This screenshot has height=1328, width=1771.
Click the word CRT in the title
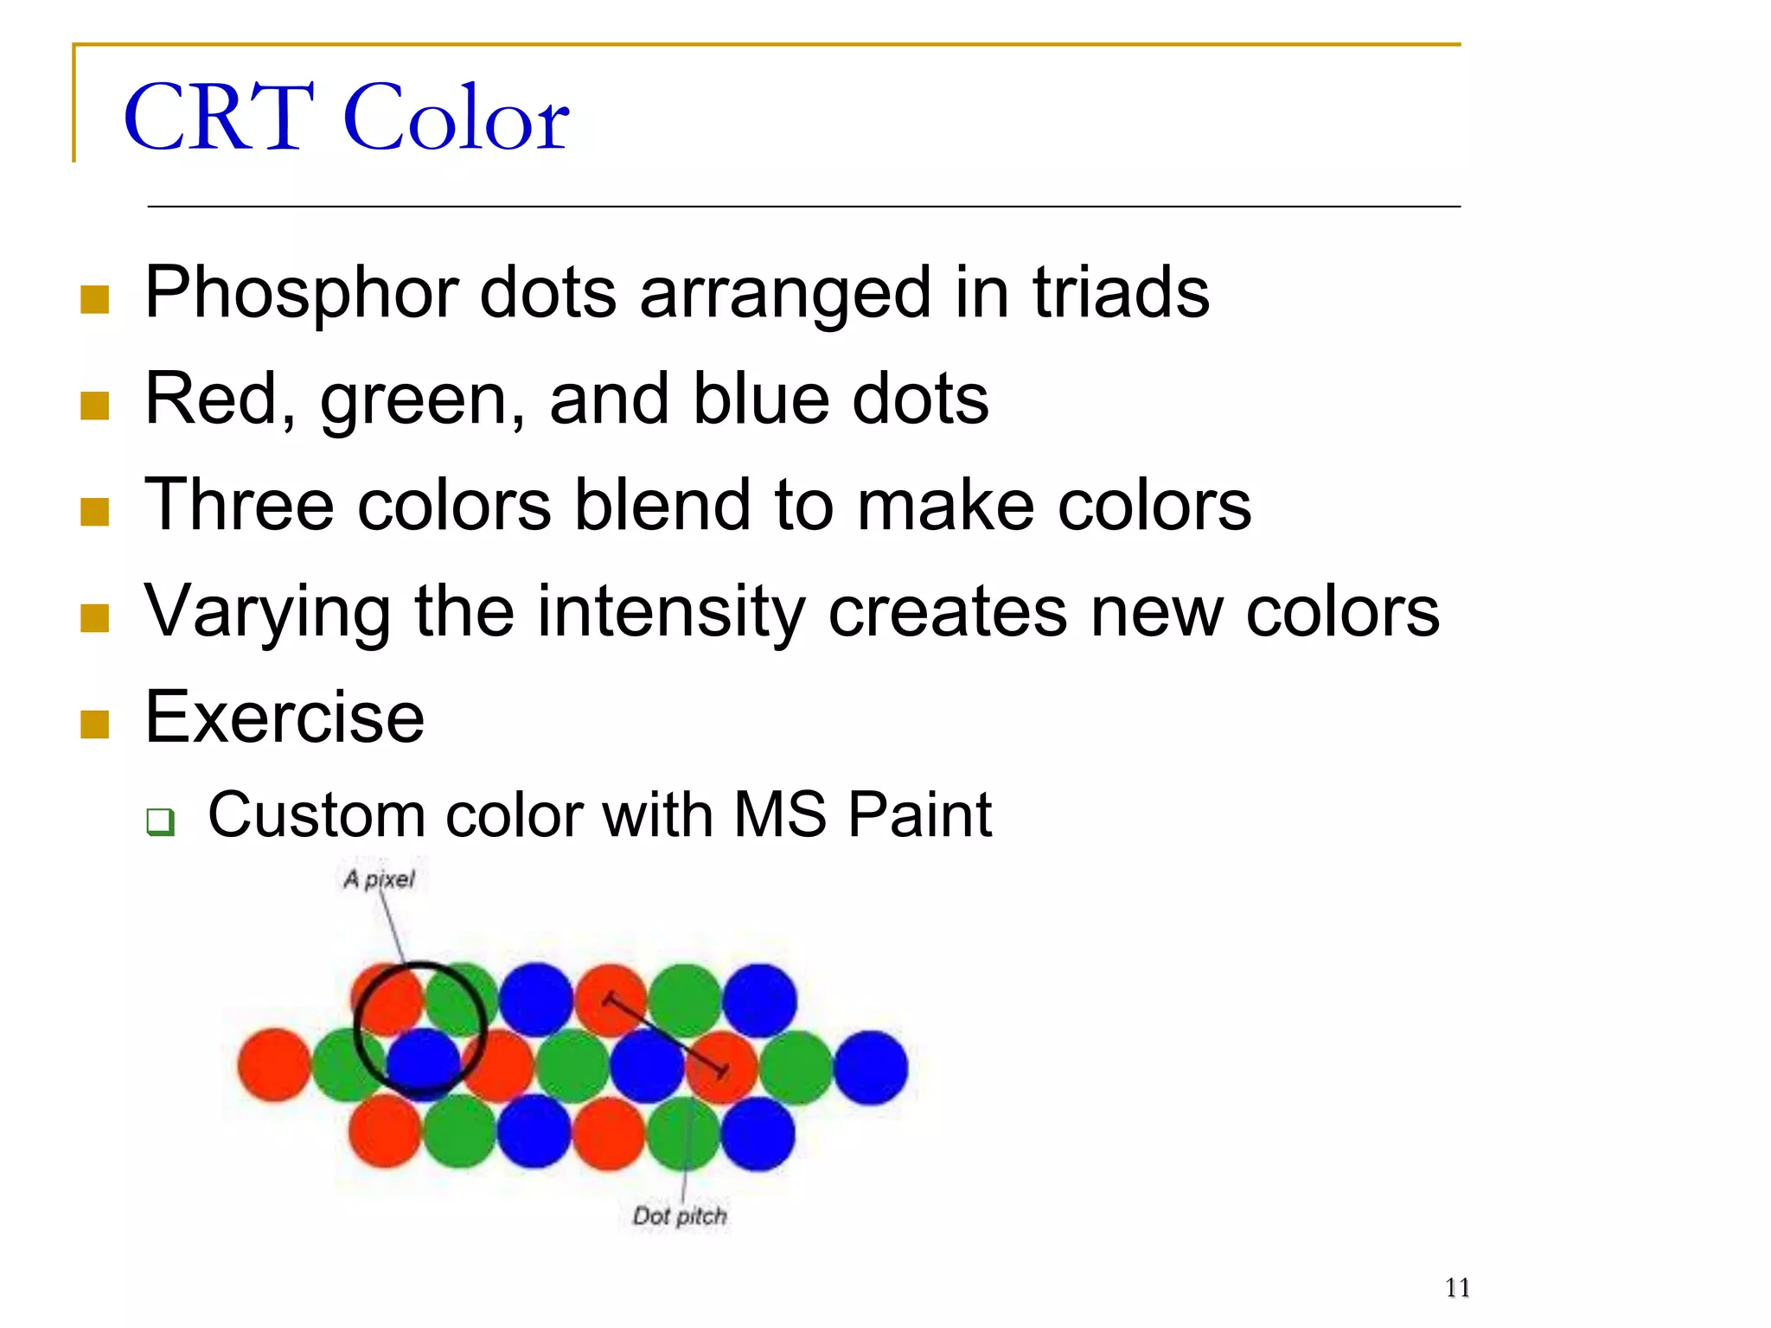tap(220, 118)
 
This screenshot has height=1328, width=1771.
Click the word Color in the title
tap(457, 118)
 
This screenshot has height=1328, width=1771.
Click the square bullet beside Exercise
tap(94, 725)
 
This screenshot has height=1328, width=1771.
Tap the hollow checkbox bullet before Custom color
tap(161, 820)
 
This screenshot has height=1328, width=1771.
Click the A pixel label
tap(379, 879)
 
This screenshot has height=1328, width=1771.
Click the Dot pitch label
tap(680, 1216)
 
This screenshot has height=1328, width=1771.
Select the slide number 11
tap(1457, 1288)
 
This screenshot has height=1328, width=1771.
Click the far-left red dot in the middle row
tap(274, 1065)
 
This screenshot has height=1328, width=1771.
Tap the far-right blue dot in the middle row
tap(871, 1068)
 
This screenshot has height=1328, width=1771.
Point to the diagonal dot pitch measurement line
tap(666, 1036)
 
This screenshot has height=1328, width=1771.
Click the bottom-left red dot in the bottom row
tap(385, 1131)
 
